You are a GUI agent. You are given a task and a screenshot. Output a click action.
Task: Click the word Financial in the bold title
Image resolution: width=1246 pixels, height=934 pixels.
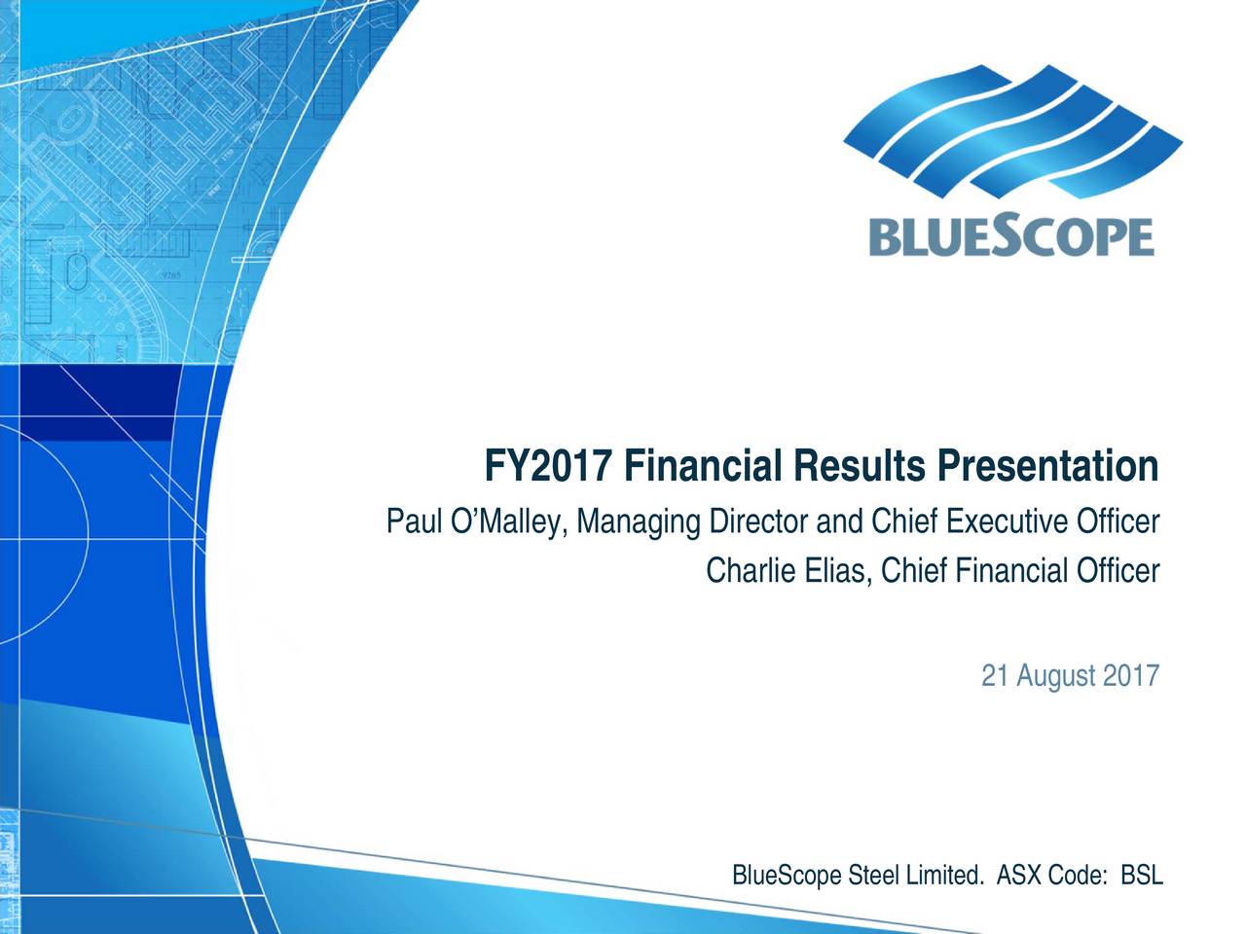pos(704,468)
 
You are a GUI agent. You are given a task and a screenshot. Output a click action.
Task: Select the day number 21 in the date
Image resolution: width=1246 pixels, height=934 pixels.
pos(994,675)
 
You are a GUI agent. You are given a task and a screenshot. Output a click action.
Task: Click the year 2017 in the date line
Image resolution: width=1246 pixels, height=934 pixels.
pos(1131,675)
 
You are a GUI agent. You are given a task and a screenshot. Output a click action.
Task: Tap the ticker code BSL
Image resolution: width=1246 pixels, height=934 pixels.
pos(1142,876)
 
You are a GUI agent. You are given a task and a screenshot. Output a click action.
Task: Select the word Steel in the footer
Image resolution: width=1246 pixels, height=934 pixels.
pos(873,876)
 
